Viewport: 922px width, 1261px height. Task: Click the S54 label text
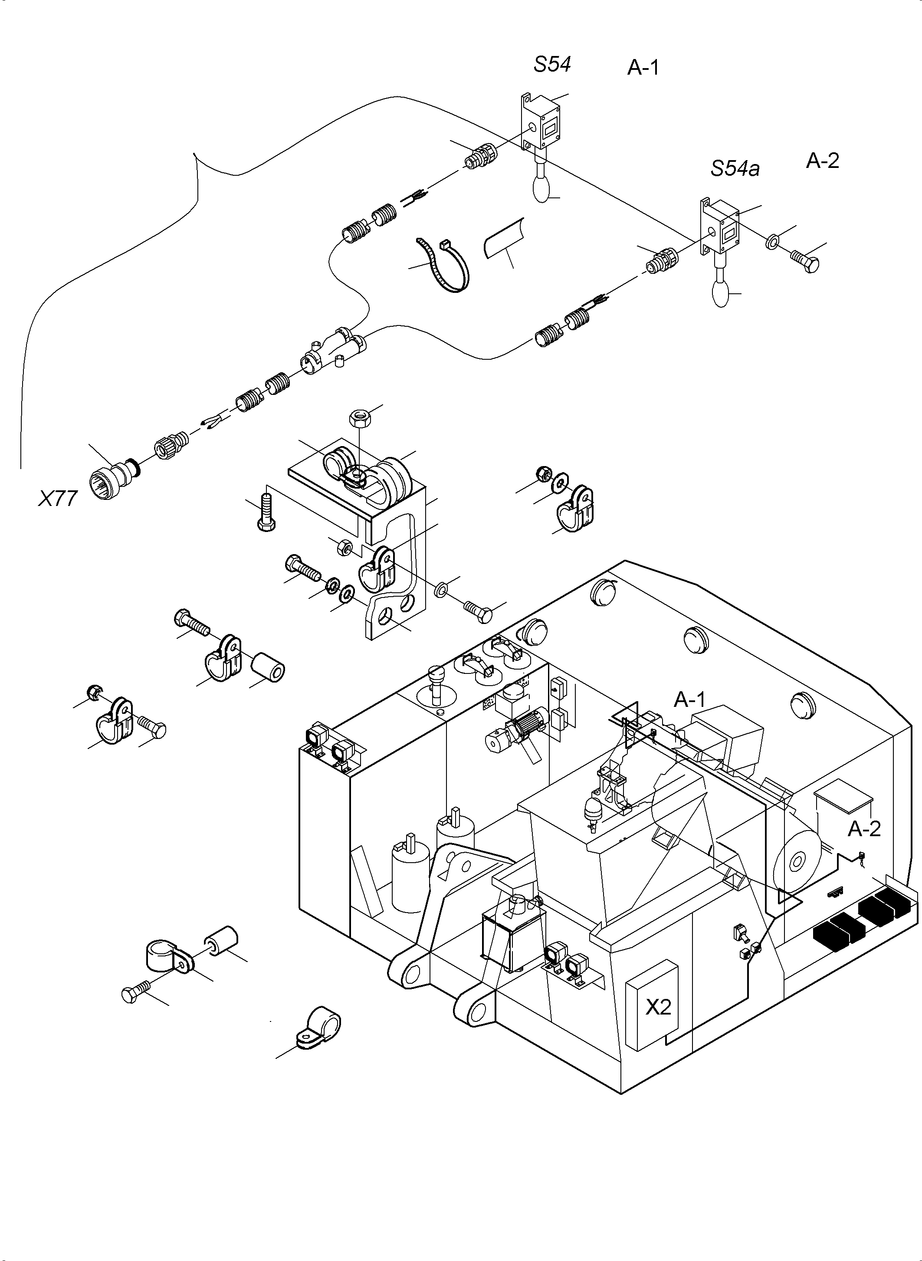coord(552,65)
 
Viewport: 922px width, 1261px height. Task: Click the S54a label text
coord(735,168)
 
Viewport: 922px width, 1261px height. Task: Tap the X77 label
coord(57,498)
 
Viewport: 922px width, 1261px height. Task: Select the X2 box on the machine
coord(658,1006)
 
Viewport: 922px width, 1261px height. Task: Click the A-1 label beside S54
coord(643,68)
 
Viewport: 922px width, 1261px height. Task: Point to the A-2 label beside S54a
coord(822,161)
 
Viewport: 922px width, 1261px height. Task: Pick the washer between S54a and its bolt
coord(772,242)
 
